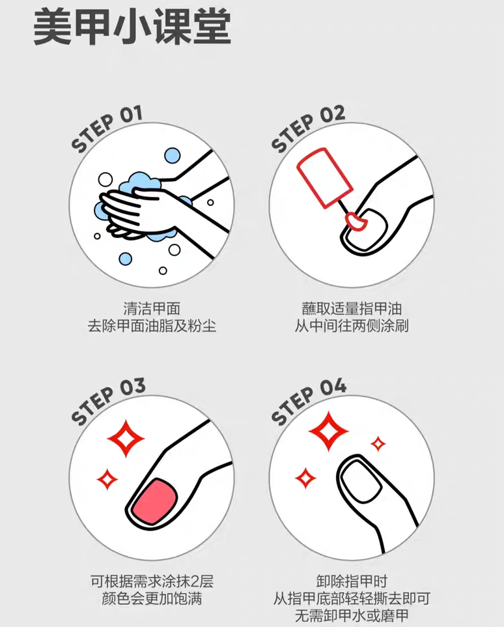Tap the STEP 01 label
pyautogui.click(x=107, y=130)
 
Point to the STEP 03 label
pyautogui.click(x=108, y=401)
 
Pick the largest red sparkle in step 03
pyautogui.click(x=126, y=437)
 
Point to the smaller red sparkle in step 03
pyautogui.click(x=107, y=480)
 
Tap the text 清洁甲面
pyautogui.click(x=151, y=308)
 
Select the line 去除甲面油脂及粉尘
pyautogui.click(x=151, y=325)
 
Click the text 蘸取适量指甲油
pyautogui.click(x=352, y=308)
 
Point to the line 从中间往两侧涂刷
pyautogui.click(x=352, y=325)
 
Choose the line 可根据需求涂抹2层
pyautogui.click(x=151, y=580)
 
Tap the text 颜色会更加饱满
pyautogui.click(x=151, y=598)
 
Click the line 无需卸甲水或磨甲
pyautogui.click(x=352, y=615)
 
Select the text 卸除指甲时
pyautogui.click(x=352, y=580)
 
